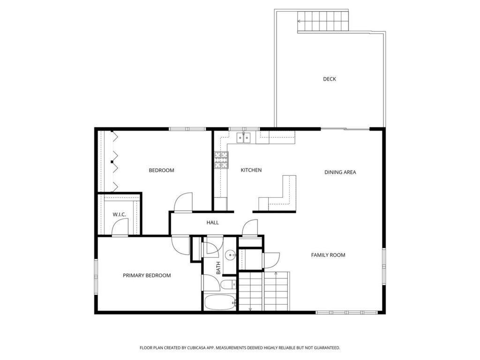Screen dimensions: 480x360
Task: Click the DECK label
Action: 330,79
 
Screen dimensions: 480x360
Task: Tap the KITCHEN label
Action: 251,170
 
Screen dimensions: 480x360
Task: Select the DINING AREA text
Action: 340,172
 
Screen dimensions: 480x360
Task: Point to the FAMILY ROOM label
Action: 328,255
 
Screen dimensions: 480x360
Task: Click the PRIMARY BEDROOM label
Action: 147,276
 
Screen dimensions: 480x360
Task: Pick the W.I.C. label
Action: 120,215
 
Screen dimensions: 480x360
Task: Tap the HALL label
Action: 212,223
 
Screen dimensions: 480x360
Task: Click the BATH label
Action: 218,268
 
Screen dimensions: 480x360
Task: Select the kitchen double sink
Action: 243,138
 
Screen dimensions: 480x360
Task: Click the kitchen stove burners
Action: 221,160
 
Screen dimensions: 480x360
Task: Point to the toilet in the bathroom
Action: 228,285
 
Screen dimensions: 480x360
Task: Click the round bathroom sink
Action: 230,255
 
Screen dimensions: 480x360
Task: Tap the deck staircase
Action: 323,21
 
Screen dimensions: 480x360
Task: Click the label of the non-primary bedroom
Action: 161,171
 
